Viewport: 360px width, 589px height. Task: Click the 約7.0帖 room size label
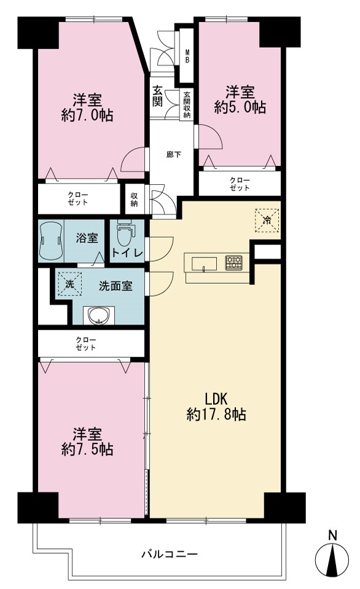[x=87, y=115]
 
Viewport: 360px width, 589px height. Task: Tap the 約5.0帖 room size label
[x=240, y=107]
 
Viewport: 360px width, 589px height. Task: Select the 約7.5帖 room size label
[x=87, y=449]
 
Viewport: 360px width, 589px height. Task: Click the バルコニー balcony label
[x=170, y=554]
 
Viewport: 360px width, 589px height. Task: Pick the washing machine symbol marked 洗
[x=69, y=284]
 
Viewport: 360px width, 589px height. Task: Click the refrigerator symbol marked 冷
[x=267, y=220]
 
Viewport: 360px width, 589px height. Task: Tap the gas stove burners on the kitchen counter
[x=233, y=263]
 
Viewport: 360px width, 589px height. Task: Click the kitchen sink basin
[x=204, y=264]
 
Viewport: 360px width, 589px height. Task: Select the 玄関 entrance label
[x=157, y=96]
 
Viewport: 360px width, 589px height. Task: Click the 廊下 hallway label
[x=174, y=154]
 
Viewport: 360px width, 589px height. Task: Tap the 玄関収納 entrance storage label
[x=187, y=105]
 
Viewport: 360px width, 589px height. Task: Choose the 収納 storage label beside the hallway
[x=135, y=200]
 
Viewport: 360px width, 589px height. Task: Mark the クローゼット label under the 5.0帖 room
[x=240, y=184]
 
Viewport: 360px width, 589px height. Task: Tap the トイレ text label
[x=127, y=254]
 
